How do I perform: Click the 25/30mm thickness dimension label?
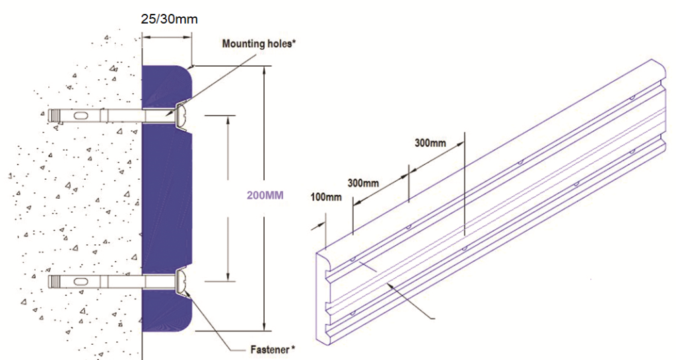(x=169, y=19)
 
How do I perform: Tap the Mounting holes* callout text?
(x=258, y=45)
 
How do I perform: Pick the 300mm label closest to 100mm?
(x=362, y=183)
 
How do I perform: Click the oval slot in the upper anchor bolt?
(x=79, y=116)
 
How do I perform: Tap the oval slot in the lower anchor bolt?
(x=79, y=282)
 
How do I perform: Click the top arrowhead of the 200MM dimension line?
(x=264, y=69)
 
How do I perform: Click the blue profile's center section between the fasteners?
(x=166, y=198)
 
